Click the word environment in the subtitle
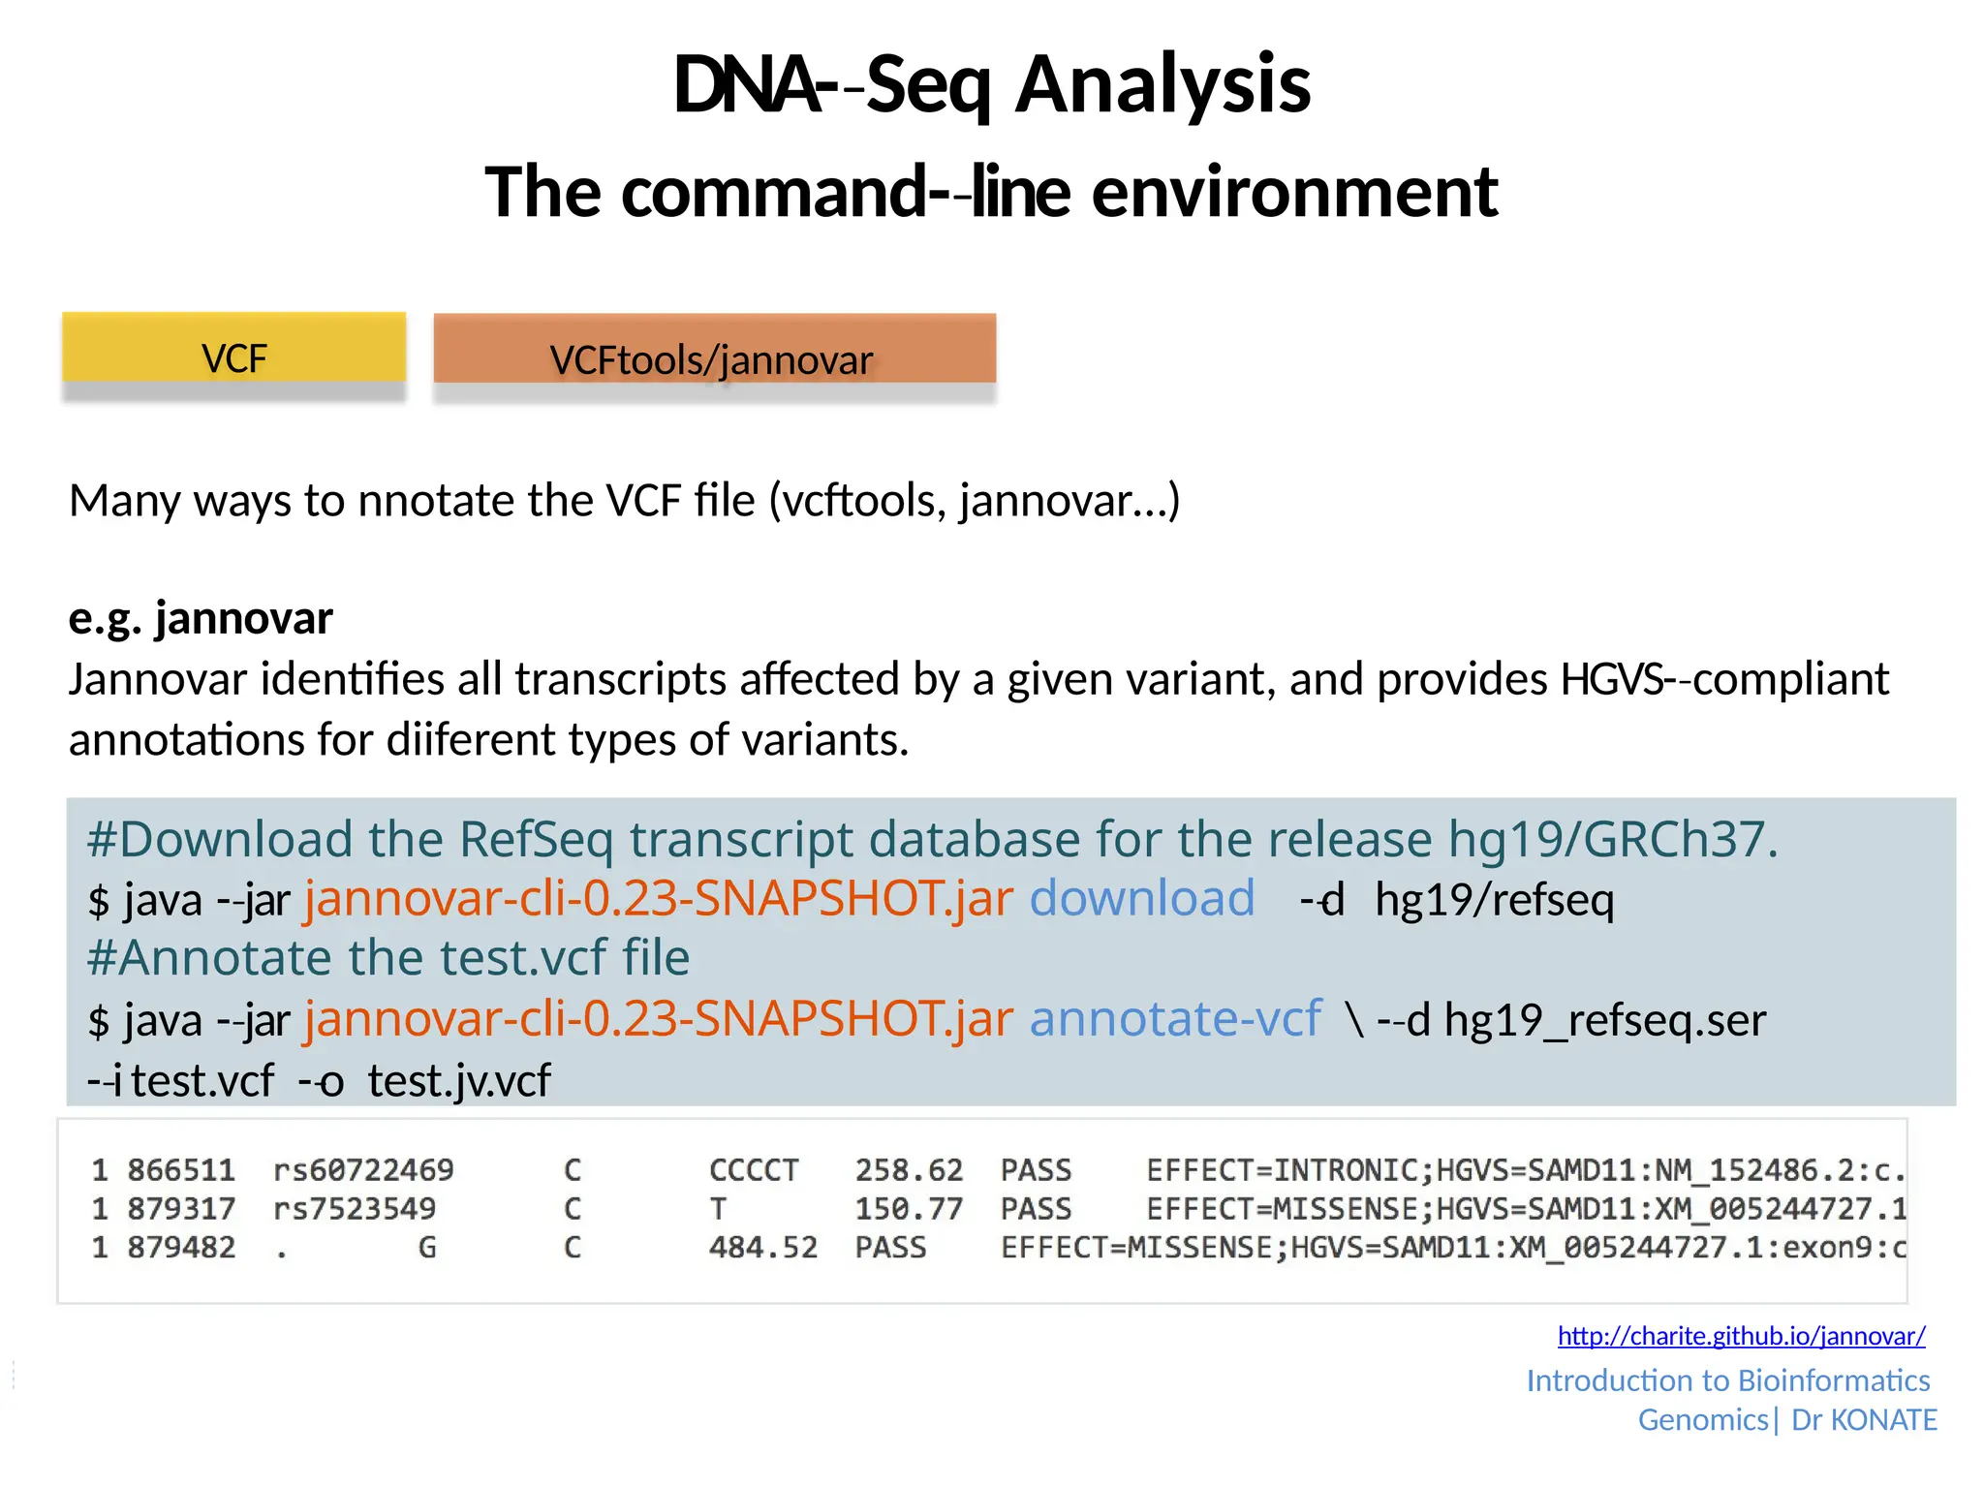tap(1294, 192)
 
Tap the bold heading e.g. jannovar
tap(201, 618)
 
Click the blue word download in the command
tap(1141, 898)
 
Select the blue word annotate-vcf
tap(1174, 1019)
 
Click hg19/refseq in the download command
tap(1494, 900)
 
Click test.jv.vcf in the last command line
tap(459, 1081)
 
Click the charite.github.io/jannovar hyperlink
tap(1741, 1336)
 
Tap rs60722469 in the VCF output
tap(363, 1170)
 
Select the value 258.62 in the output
tap(909, 1170)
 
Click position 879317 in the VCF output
tap(181, 1209)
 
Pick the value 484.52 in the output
tap(763, 1248)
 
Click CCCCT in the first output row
tap(754, 1170)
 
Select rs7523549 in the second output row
tap(355, 1209)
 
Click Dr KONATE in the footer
tap(1863, 1420)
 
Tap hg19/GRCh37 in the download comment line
tap(1612, 839)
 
